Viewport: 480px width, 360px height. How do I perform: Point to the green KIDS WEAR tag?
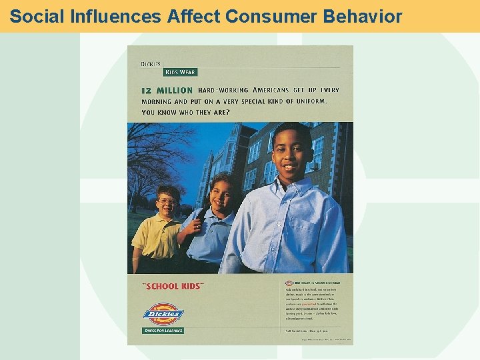[x=180, y=72]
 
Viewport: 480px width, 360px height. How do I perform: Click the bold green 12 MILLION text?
[x=167, y=90]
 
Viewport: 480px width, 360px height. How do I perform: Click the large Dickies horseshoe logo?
[x=163, y=312]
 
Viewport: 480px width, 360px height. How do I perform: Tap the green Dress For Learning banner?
[x=163, y=331]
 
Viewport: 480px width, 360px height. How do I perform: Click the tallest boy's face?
[x=291, y=153]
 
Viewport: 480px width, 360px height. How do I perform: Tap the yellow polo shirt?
[x=157, y=237]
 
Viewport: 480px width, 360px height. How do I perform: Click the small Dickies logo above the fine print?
[x=289, y=283]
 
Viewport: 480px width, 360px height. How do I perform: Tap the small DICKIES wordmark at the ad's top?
[x=151, y=64]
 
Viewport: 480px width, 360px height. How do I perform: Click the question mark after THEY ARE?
[x=228, y=112]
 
